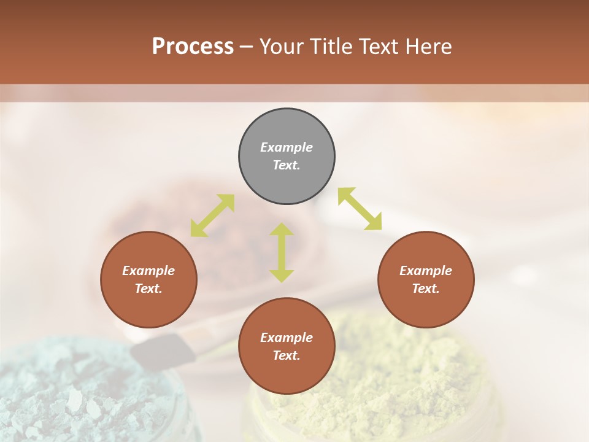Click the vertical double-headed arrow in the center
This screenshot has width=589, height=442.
point(282,252)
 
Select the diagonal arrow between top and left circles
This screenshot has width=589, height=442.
point(212,215)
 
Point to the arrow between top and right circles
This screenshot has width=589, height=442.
point(360,209)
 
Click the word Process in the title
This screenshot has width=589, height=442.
point(193,46)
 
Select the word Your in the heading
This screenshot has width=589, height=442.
point(280,46)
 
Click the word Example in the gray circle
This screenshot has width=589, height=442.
point(287,147)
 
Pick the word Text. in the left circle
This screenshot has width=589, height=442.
point(148,289)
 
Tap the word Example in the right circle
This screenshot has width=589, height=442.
point(426,271)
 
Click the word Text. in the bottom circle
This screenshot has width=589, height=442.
point(287,355)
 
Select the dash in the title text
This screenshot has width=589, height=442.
point(247,47)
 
